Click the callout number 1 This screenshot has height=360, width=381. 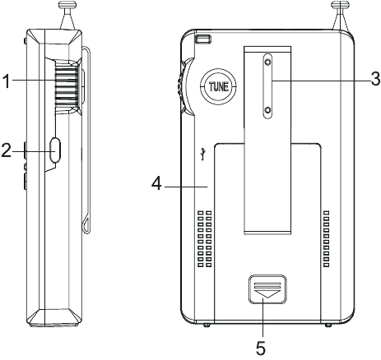tap(7, 81)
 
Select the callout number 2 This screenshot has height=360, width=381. tap(7, 150)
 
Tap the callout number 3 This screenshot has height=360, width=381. tap(374, 79)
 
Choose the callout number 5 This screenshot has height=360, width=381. tap(261, 348)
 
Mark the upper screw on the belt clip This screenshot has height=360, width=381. tap(267, 60)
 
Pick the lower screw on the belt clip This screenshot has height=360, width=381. tap(267, 110)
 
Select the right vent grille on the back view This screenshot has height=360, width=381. tap(328, 240)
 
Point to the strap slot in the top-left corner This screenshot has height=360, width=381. tap(202, 39)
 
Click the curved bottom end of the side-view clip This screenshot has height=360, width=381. tap(85, 226)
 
